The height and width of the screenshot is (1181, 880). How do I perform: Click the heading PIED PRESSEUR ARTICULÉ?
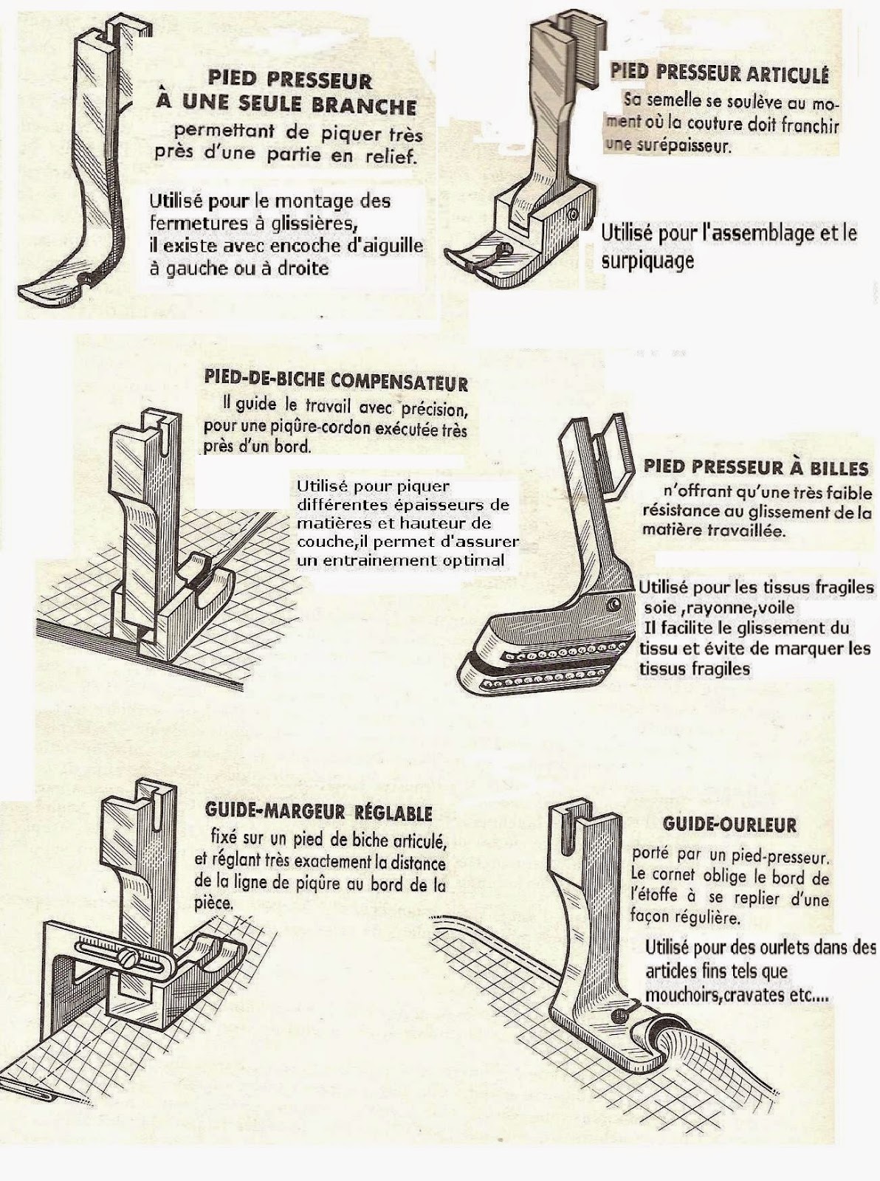point(720,73)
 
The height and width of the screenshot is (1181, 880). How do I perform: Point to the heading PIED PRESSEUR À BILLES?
point(755,468)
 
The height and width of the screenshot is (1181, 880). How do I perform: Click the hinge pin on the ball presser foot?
point(612,605)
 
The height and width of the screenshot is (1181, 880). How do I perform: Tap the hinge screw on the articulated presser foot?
point(572,216)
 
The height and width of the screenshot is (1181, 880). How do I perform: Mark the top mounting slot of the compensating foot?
point(163,436)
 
